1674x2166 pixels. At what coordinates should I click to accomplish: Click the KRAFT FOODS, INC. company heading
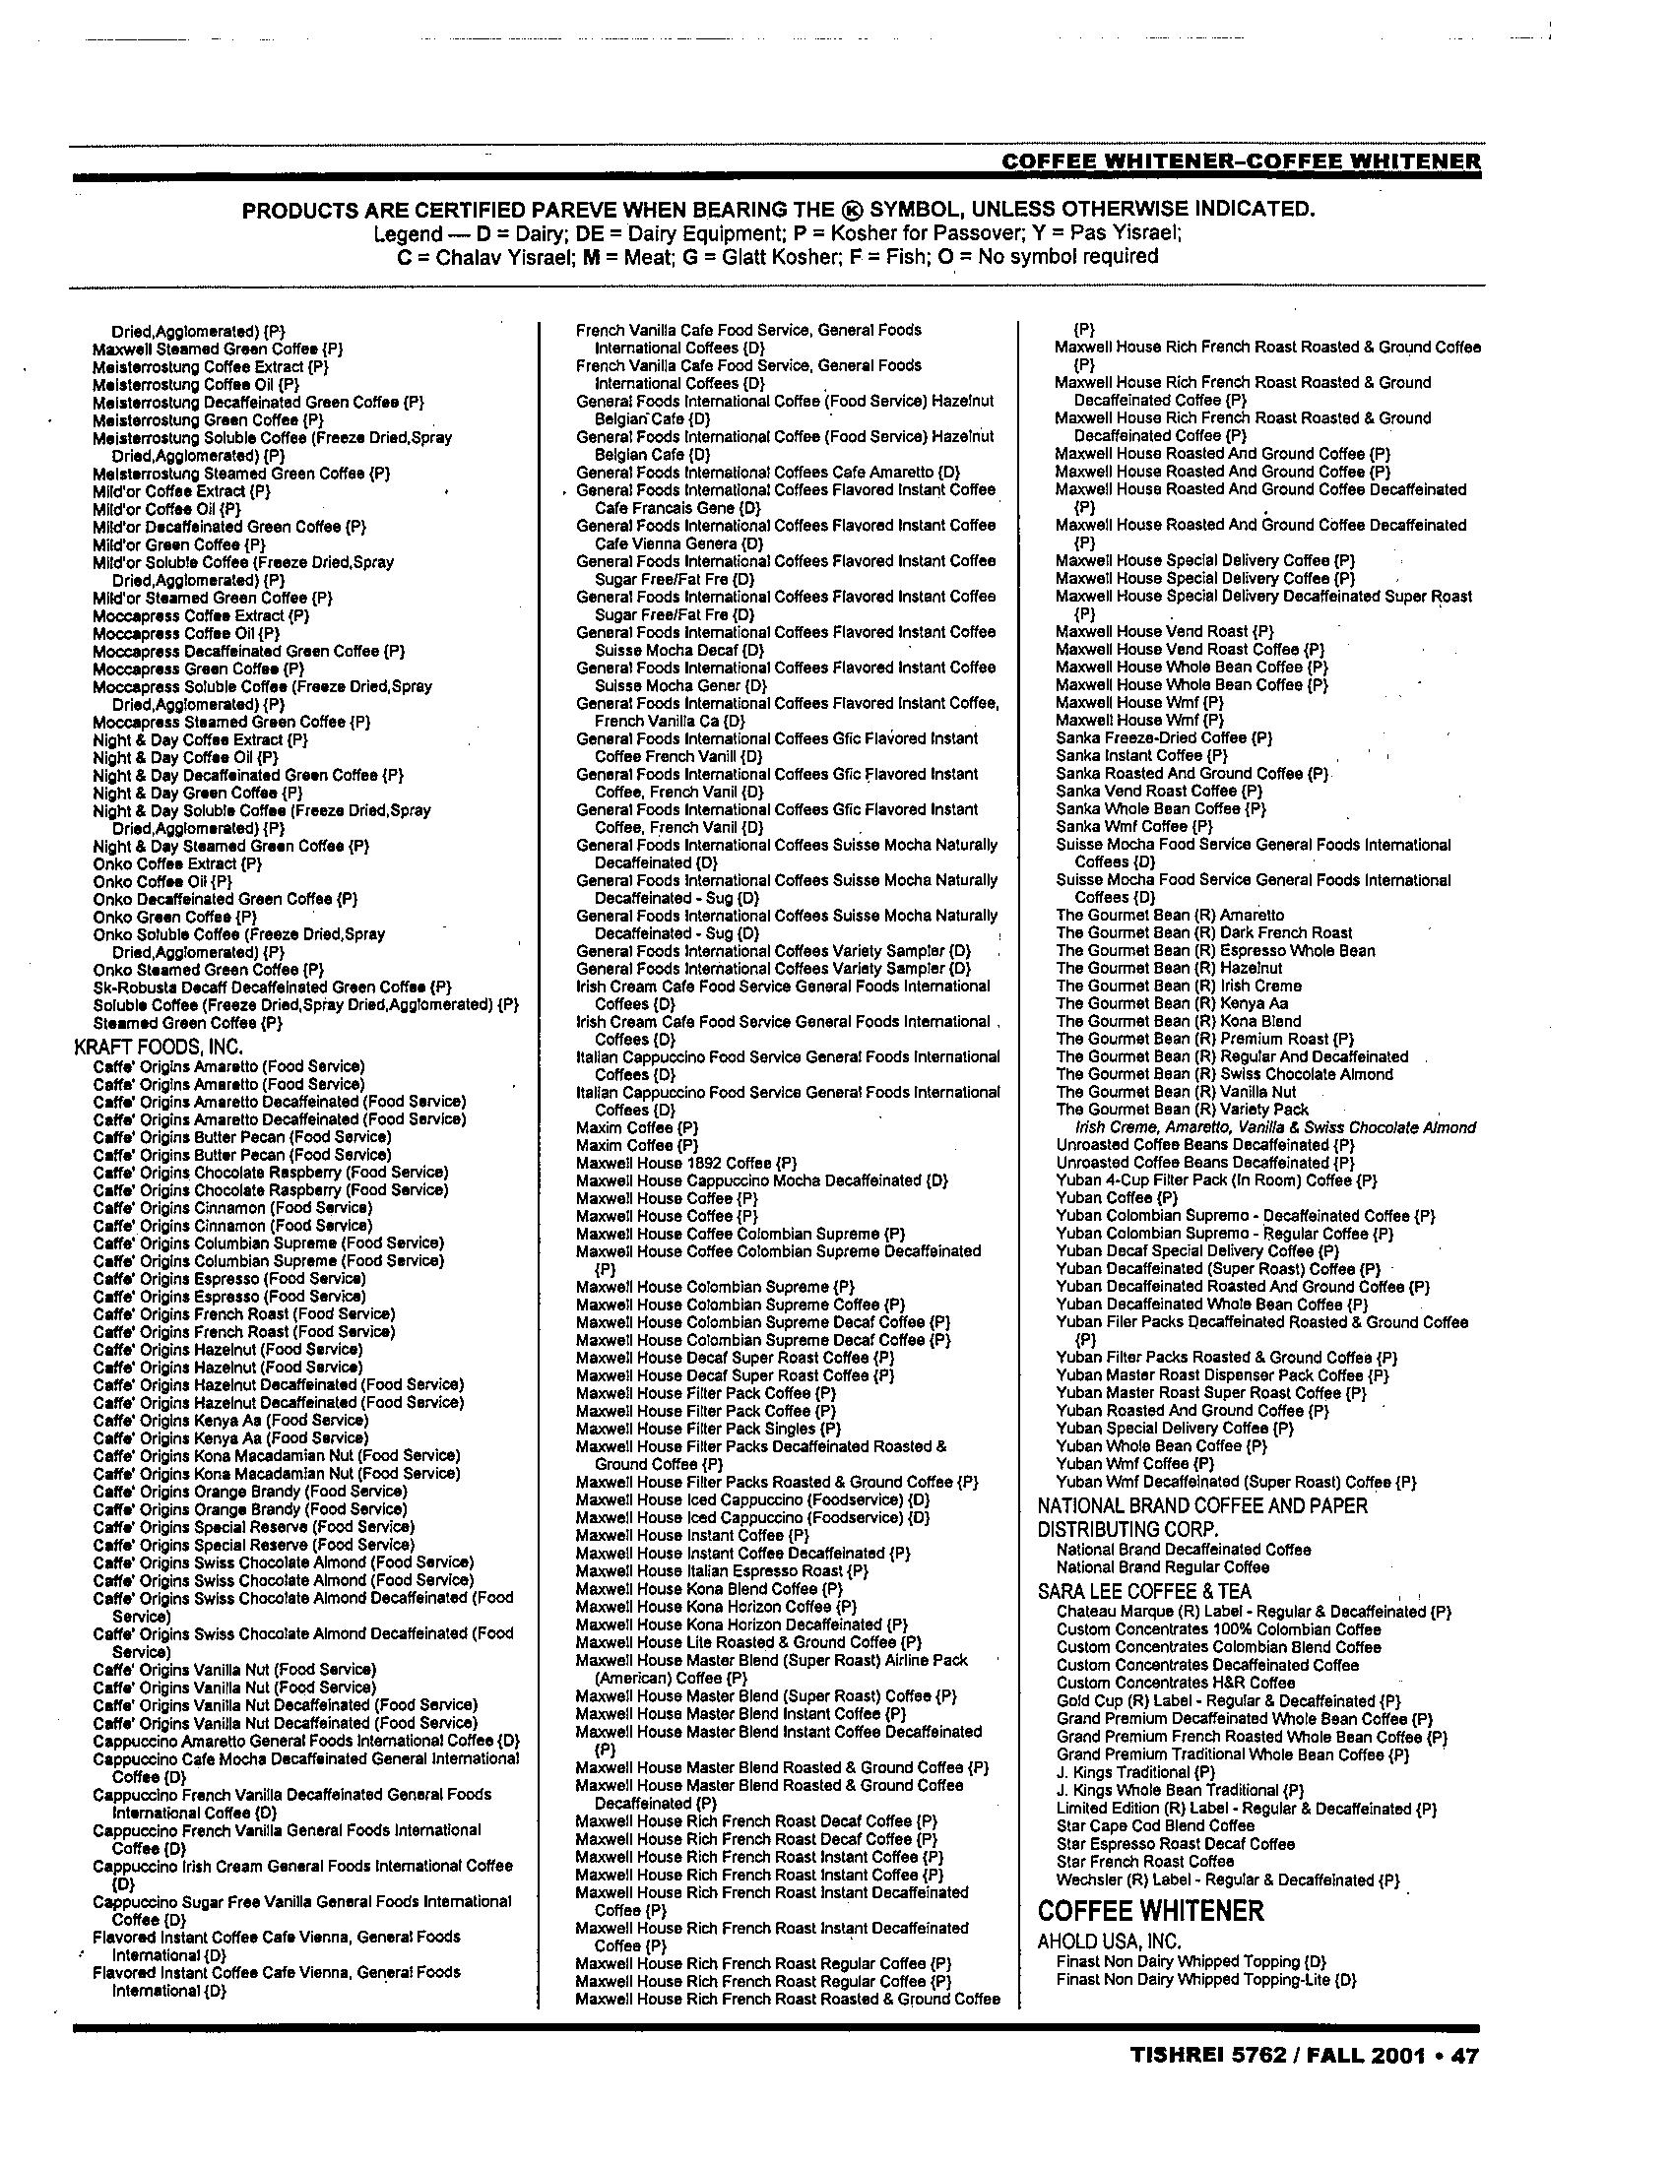coord(159,1046)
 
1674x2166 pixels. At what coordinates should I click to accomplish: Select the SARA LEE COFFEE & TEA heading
coord(1144,1591)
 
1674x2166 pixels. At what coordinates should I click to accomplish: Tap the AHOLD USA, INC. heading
coord(1109,1942)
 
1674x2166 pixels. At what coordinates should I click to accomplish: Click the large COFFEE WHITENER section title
coord(1150,1911)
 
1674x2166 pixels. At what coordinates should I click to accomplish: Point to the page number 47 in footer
coord(1465,2056)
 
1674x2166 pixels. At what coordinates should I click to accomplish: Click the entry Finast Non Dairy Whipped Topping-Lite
coord(1206,1980)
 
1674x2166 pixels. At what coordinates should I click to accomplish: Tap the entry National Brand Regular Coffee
coord(1162,1567)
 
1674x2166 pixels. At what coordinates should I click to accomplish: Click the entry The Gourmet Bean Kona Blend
coord(1178,1021)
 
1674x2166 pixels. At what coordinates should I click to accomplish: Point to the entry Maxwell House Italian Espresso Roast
coord(722,1571)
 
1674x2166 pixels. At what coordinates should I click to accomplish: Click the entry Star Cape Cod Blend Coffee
coord(1155,1825)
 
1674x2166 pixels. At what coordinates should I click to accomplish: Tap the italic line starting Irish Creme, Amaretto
coord(1275,1126)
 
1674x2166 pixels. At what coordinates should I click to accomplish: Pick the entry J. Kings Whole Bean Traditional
coord(1180,1790)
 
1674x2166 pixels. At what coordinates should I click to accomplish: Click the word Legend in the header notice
coord(407,234)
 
